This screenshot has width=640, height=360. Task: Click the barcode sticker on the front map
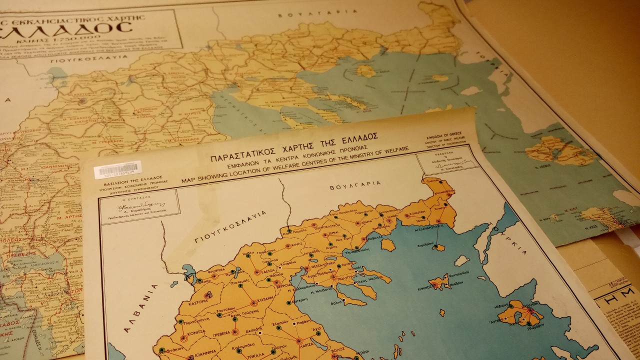[117, 169]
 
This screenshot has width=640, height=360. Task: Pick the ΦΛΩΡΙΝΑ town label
[209, 268]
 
